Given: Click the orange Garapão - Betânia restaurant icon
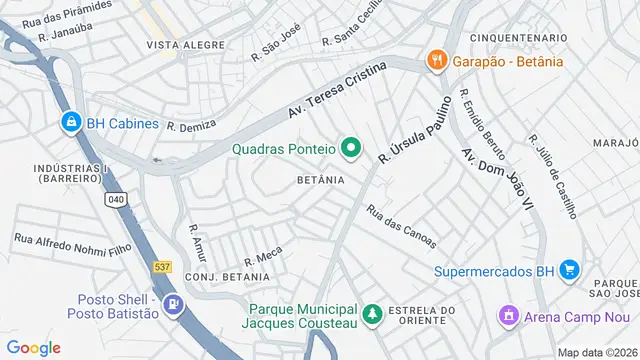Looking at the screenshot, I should click(x=436, y=61).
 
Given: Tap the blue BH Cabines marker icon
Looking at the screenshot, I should click(x=70, y=123).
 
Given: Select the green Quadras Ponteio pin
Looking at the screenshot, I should click(x=350, y=150).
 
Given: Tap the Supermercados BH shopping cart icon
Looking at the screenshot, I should click(x=568, y=270).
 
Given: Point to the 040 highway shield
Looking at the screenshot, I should click(x=116, y=200).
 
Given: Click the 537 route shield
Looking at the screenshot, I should click(x=162, y=267).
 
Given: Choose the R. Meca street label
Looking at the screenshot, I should click(x=263, y=257).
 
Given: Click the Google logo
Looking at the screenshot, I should click(x=33, y=348).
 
